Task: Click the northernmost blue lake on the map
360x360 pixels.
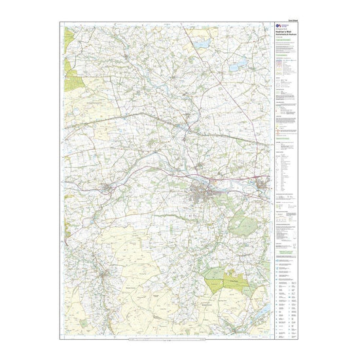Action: (x=202, y=45)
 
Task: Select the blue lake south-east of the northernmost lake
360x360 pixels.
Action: (x=234, y=67)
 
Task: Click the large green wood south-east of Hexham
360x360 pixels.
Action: (x=243, y=226)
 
